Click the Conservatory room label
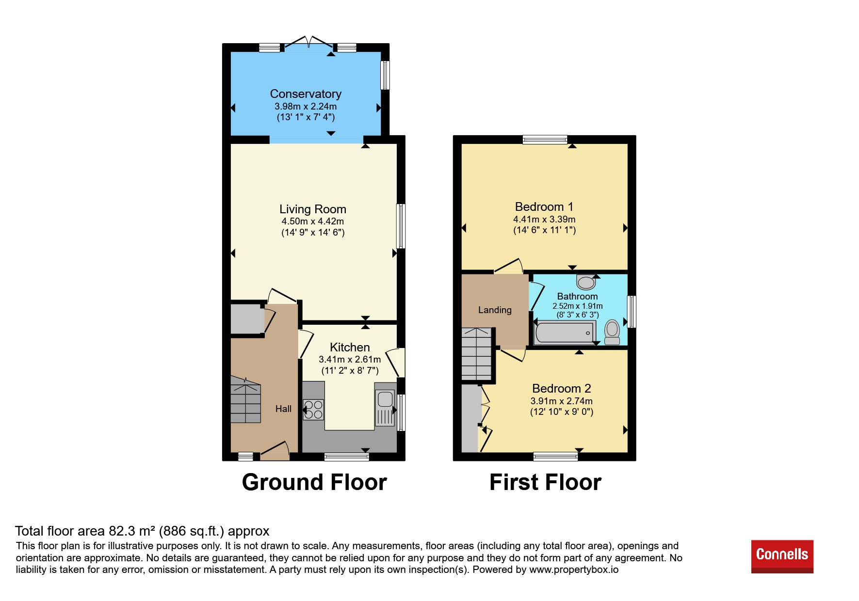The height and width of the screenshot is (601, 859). tap(306, 94)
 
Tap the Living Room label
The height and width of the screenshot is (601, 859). tap(313, 209)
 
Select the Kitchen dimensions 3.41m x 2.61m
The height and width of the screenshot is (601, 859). tap(350, 360)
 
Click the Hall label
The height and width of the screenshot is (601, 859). tap(283, 409)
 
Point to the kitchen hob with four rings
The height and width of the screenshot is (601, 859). tap(313, 409)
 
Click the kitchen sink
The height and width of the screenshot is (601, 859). tap(385, 408)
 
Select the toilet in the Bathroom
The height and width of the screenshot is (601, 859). tap(612, 332)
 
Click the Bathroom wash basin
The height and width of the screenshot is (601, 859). tap(586, 282)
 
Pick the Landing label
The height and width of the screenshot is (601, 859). tap(495, 310)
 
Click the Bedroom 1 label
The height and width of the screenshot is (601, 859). tap(544, 207)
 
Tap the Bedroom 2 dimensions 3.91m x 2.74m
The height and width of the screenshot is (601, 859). tap(562, 401)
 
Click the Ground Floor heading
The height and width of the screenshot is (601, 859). tap(314, 482)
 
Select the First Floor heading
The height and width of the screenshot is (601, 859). tap(545, 482)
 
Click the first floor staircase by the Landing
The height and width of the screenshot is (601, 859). tap(477, 354)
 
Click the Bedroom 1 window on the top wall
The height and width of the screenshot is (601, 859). tap(545, 140)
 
